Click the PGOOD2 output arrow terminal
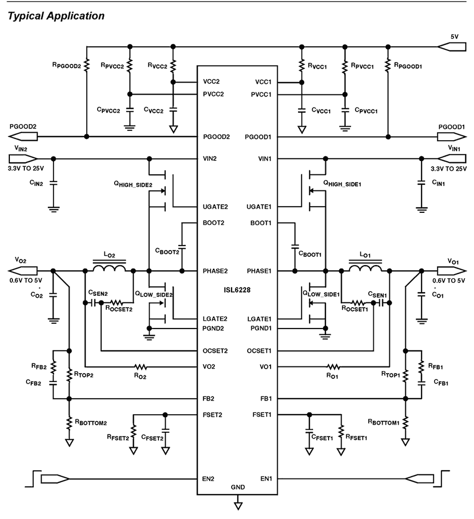click(22, 136)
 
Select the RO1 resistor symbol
click(333, 366)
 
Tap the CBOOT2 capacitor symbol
click(182, 245)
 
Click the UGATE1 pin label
click(261, 207)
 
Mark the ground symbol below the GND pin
click(238, 503)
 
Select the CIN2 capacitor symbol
click(53, 182)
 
